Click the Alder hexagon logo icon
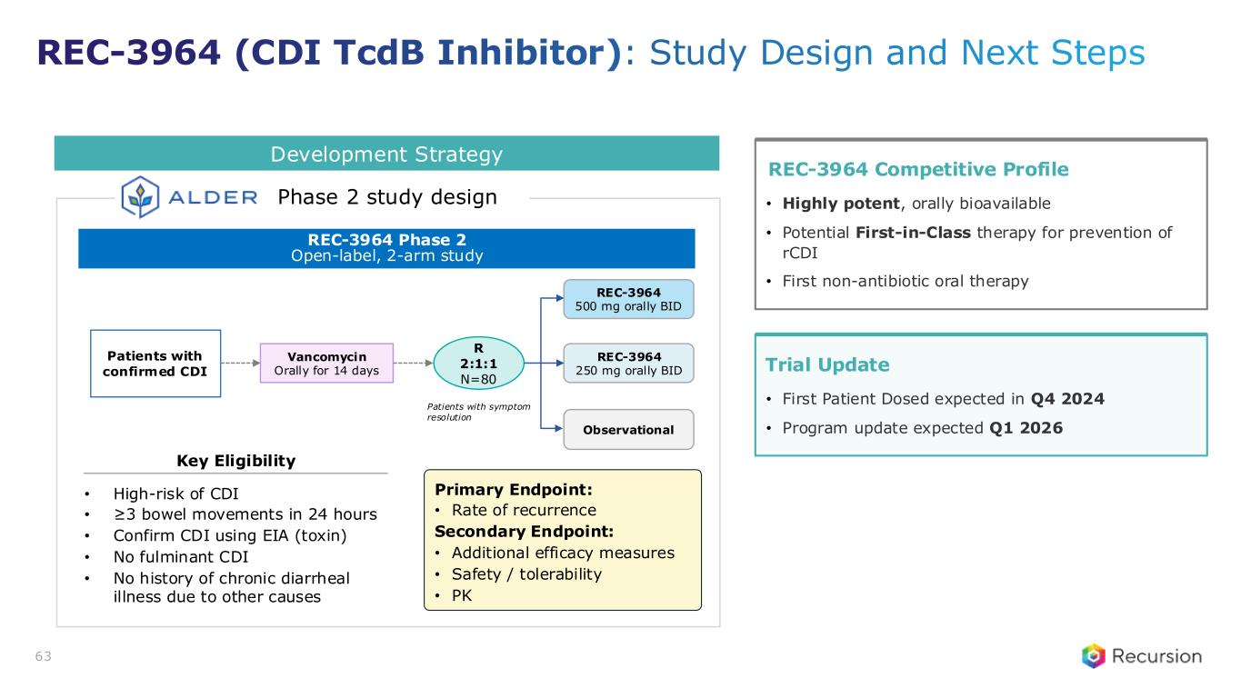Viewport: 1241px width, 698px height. [140, 196]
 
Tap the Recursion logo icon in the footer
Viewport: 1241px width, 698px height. [1093, 656]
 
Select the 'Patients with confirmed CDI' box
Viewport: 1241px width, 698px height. [155, 364]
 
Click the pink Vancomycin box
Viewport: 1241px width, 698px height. [327, 364]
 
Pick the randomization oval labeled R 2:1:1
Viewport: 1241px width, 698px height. [478, 364]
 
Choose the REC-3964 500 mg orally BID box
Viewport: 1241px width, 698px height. [628, 299]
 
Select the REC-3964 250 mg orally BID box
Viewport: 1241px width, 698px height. [628, 364]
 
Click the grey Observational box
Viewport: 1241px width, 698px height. [628, 429]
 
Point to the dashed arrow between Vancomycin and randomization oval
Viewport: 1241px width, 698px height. [414, 364]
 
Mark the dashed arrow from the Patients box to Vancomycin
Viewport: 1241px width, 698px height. [240, 364]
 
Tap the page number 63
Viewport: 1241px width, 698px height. [44, 656]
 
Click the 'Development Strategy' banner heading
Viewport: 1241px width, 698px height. [386, 154]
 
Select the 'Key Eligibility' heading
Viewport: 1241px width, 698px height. [236, 461]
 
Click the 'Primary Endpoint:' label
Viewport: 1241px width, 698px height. [514, 490]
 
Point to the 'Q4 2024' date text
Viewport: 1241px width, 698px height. [1067, 399]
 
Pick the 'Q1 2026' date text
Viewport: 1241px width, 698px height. [1026, 428]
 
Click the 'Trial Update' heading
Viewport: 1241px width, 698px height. [827, 364]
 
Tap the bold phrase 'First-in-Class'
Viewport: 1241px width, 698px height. [913, 233]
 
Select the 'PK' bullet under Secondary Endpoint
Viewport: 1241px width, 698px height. [462, 595]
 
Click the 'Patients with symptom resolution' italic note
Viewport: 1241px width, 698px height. [478, 412]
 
